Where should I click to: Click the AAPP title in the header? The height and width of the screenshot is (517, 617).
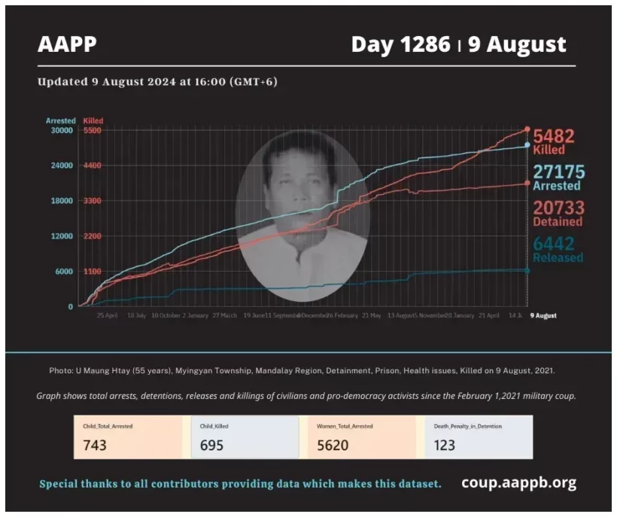point(68,44)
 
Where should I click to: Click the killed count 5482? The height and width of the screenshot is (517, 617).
point(554,136)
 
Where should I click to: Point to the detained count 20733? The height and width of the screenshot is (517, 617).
point(559,208)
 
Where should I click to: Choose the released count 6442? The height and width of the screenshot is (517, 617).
point(554,244)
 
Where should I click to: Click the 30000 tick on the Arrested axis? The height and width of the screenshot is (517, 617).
point(62,130)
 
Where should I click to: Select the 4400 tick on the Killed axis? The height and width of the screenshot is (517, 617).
point(92,166)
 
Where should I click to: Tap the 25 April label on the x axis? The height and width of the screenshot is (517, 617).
point(106,316)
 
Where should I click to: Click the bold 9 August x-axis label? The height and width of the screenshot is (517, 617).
point(543,316)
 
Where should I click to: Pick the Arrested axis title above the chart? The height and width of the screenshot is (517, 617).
point(60,120)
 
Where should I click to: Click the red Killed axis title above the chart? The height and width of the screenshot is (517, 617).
point(93,120)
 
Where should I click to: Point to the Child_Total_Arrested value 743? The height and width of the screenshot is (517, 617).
point(95,445)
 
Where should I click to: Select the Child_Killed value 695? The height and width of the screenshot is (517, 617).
point(212,445)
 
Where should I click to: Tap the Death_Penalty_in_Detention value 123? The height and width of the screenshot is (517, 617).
point(445,445)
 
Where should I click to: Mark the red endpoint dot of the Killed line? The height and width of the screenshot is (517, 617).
point(527,129)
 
